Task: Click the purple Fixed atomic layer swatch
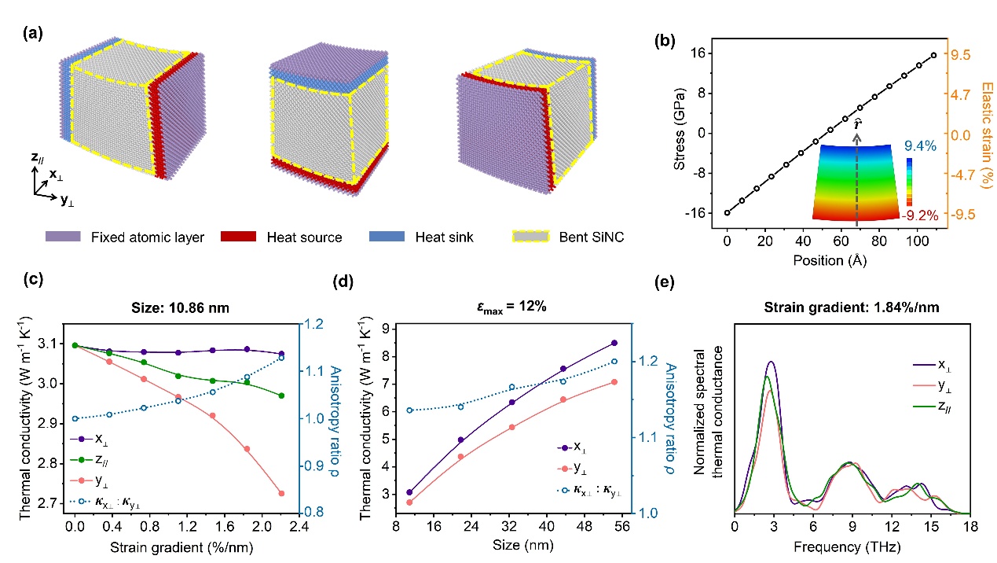coord(62,237)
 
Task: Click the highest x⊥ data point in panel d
coord(614,343)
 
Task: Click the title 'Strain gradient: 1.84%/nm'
coord(852,308)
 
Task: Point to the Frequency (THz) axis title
coord(852,546)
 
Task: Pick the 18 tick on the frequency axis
coord(970,526)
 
